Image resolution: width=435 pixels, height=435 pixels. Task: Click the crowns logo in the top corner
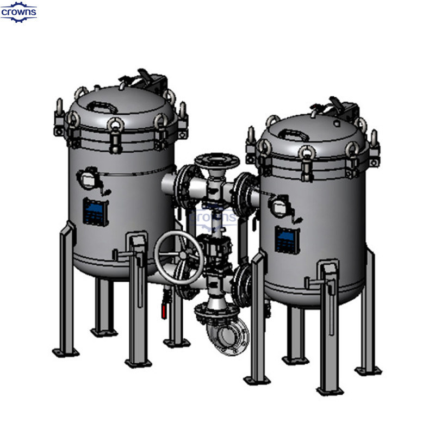tap(18, 12)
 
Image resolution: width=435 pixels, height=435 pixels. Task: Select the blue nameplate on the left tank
tap(95, 212)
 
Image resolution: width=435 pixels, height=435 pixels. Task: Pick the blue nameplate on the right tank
tap(287, 240)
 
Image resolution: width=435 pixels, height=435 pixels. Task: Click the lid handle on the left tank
tap(102, 107)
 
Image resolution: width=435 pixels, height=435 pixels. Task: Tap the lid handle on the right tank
tap(294, 134)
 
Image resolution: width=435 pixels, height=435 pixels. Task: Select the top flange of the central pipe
tap(217, 160)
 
